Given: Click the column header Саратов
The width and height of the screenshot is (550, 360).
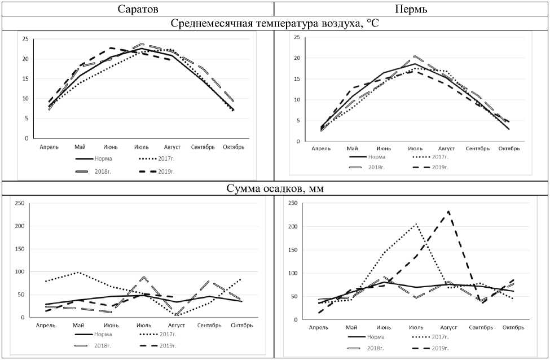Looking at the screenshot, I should (x=137, y=9).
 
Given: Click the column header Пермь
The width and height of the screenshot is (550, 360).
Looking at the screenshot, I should (x=412, y=9).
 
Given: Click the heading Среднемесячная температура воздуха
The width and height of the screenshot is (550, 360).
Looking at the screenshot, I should (x=275, y=24).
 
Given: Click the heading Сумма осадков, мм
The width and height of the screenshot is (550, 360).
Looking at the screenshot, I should (x=275, y=190).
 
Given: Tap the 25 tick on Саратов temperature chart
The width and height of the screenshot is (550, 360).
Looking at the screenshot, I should (x=25, y=39).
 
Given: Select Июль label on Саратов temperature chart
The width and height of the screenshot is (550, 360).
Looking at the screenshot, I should (x=142, y=147).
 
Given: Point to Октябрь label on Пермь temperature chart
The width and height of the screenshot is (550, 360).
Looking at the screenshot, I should (x=509, y=148).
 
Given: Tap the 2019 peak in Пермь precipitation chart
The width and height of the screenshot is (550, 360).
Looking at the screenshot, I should (x=449, y=212).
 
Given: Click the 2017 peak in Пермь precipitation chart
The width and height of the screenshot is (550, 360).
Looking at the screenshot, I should (x=416, y=224).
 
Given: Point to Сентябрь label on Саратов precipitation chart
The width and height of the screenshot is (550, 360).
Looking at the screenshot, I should (x=209, y=325).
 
